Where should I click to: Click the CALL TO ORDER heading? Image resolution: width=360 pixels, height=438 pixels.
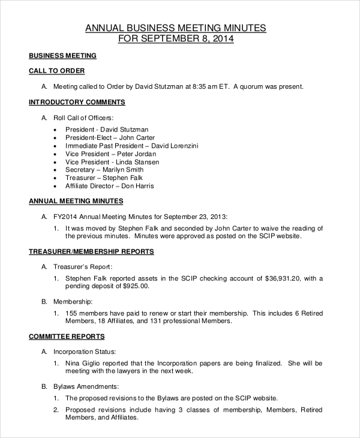(56, 71)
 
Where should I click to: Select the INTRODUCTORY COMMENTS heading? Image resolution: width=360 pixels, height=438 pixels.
(77, 102)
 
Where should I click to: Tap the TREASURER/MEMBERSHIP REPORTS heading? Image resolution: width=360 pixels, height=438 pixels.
(91, 251)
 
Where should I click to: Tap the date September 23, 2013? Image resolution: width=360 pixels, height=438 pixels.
(196, 216)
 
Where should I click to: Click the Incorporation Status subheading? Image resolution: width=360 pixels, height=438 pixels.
(85, 352)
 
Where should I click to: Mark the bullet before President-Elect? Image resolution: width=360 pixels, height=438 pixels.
(56, 138)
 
